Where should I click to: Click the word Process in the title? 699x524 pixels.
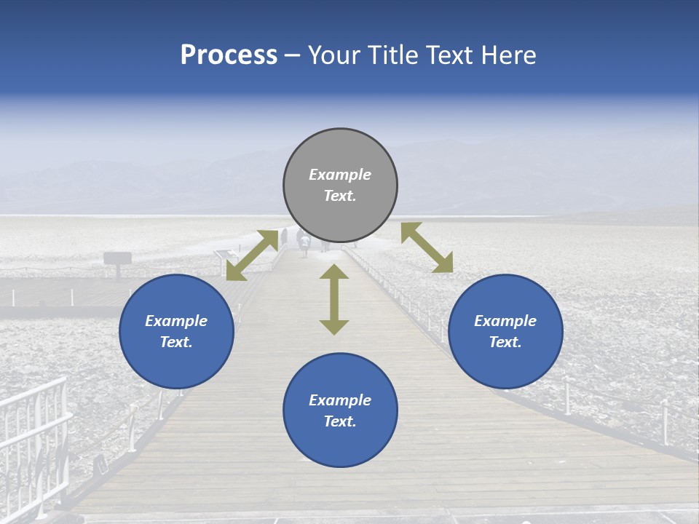click(229, 55)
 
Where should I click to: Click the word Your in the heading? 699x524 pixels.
click(334, 55)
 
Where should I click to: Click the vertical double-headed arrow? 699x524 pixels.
click(334, 299)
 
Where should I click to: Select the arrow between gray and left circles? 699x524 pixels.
click(252, 255)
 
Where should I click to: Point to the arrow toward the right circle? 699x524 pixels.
click(427, 247)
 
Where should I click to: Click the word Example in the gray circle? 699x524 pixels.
click(340, 175)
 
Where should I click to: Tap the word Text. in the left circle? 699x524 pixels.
click(176, 342)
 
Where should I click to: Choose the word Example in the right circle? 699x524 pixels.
click(505, 321)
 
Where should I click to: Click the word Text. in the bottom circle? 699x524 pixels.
click(340, 421)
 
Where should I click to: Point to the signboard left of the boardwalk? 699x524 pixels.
click(117, 258)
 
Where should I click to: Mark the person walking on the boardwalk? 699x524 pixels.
click(304, 244)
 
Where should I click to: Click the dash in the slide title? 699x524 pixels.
click(293, 56)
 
